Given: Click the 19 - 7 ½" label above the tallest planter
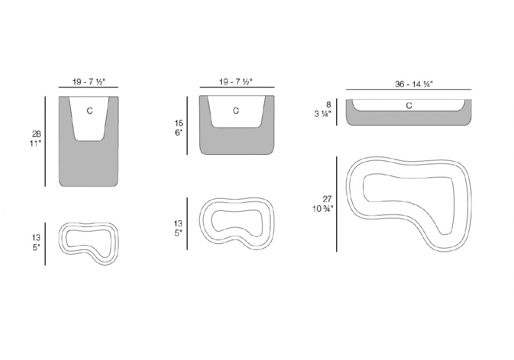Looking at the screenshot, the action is click(88, 82).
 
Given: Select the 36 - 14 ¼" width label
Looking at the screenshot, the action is click(414, 84).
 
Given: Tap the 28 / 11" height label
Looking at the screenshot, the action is click(36, 139).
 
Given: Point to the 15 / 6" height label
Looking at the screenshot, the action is click(179, 128).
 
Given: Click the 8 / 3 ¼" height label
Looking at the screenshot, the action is click(323, 109).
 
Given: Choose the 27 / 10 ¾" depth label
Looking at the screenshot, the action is click(323, 204).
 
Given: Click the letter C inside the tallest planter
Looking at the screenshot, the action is click(89, 111).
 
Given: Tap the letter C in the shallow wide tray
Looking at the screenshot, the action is click(409, 105).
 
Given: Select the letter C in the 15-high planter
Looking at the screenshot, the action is click(236, 111).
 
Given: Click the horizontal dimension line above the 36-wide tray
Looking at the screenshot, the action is click(409, 89).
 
